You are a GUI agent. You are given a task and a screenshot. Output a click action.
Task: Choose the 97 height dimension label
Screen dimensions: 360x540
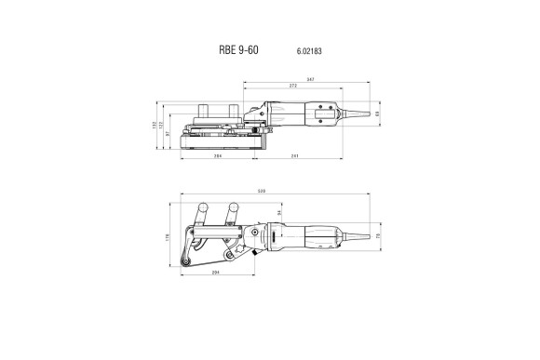tap(169, 135)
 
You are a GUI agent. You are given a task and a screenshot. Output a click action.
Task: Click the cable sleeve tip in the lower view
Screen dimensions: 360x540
tap(372, 238)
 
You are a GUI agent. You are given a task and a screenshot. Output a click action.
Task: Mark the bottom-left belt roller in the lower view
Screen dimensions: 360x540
tap(190, 269)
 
